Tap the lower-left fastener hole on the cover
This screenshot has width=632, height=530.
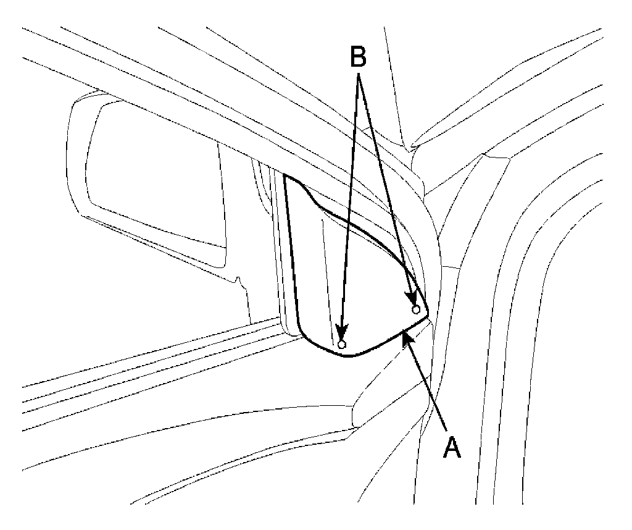click(x=342, y=344)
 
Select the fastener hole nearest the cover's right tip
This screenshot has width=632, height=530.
click(x=416, y=309)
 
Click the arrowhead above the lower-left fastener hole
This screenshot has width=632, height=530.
click(x=341, y=334)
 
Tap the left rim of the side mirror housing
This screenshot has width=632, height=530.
click(x=70, y=154)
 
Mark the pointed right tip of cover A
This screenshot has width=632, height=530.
click(x=428, y=316)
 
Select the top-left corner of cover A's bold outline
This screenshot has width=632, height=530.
click(x=285, y=176)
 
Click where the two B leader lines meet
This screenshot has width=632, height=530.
click(x=360, y=77)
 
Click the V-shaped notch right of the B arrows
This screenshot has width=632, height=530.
click(x=412, y=148)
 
